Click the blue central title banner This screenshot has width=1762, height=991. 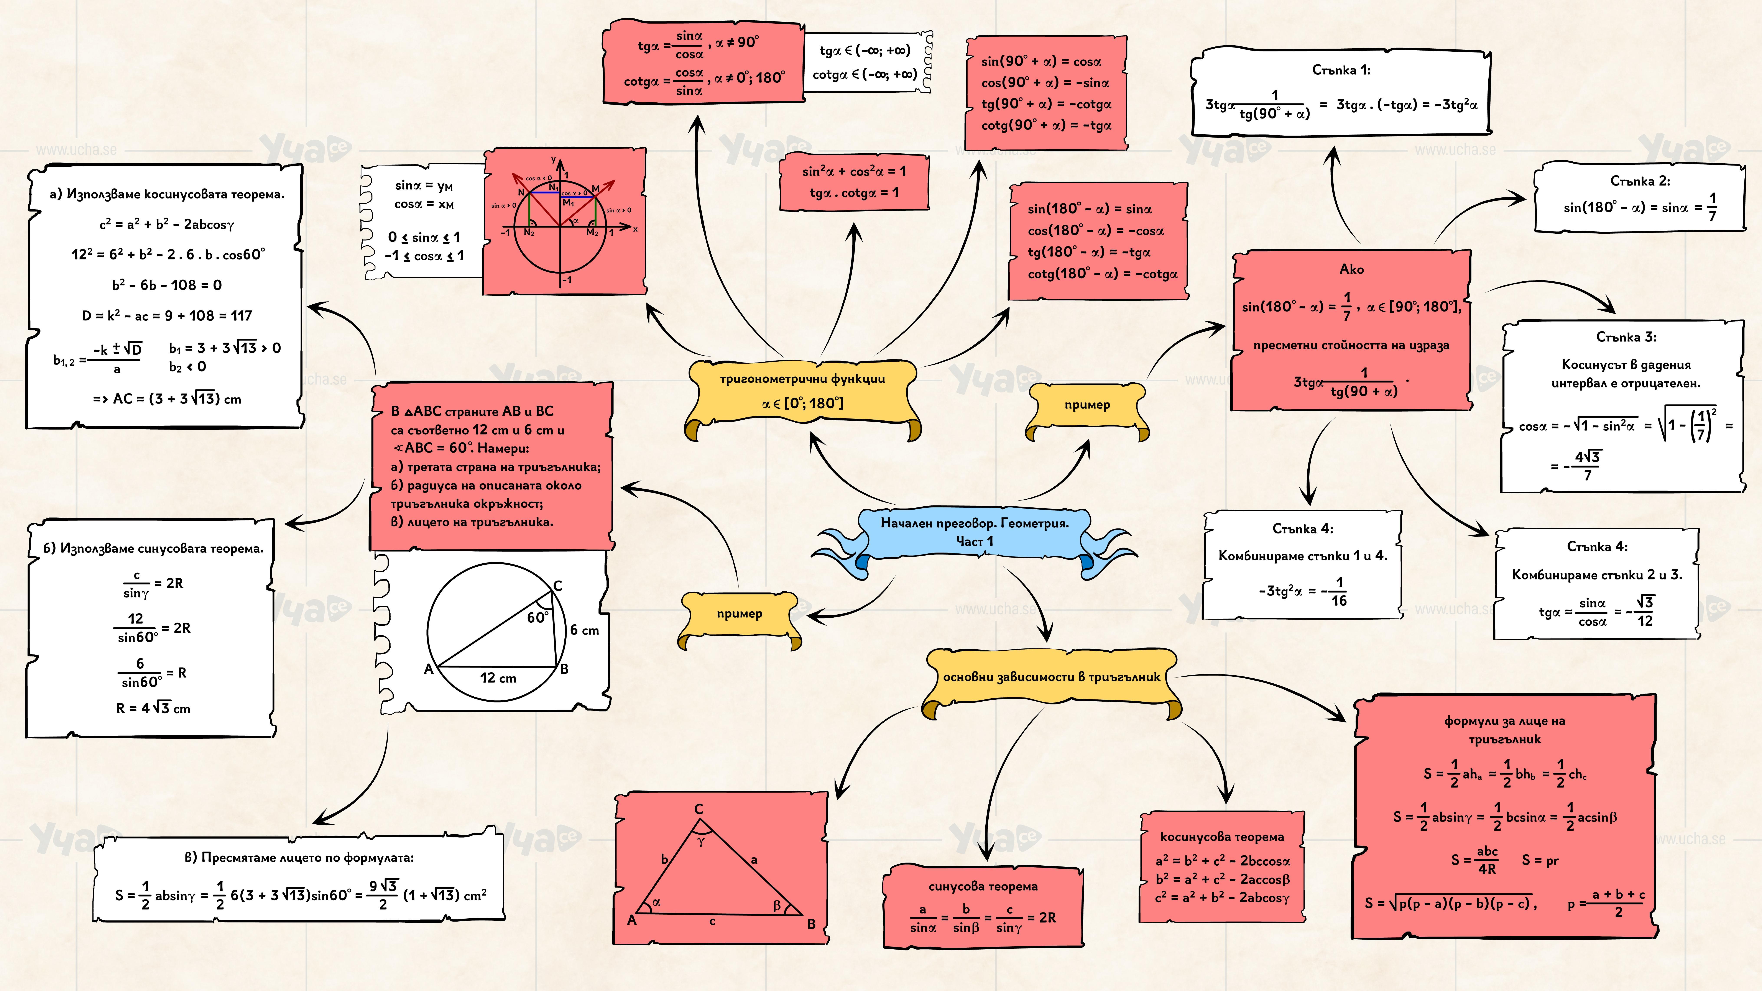pos(974,532)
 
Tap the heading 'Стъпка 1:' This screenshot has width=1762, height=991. pos(1341,70)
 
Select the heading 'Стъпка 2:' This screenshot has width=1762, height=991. pos(1640,181)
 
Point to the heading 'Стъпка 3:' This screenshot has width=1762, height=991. pos(1626,337)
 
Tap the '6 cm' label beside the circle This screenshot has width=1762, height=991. pos(584,630)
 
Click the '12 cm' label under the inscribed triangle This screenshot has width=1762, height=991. pos(498,678)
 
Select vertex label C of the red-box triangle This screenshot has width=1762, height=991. pos(698,809)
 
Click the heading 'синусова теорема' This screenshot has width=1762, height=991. pos(983,886)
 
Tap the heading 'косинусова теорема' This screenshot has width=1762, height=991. pos(1222,837)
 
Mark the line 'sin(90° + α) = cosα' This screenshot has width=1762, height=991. pos(1041,62)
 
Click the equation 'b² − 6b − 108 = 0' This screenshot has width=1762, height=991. pos(167,285)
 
